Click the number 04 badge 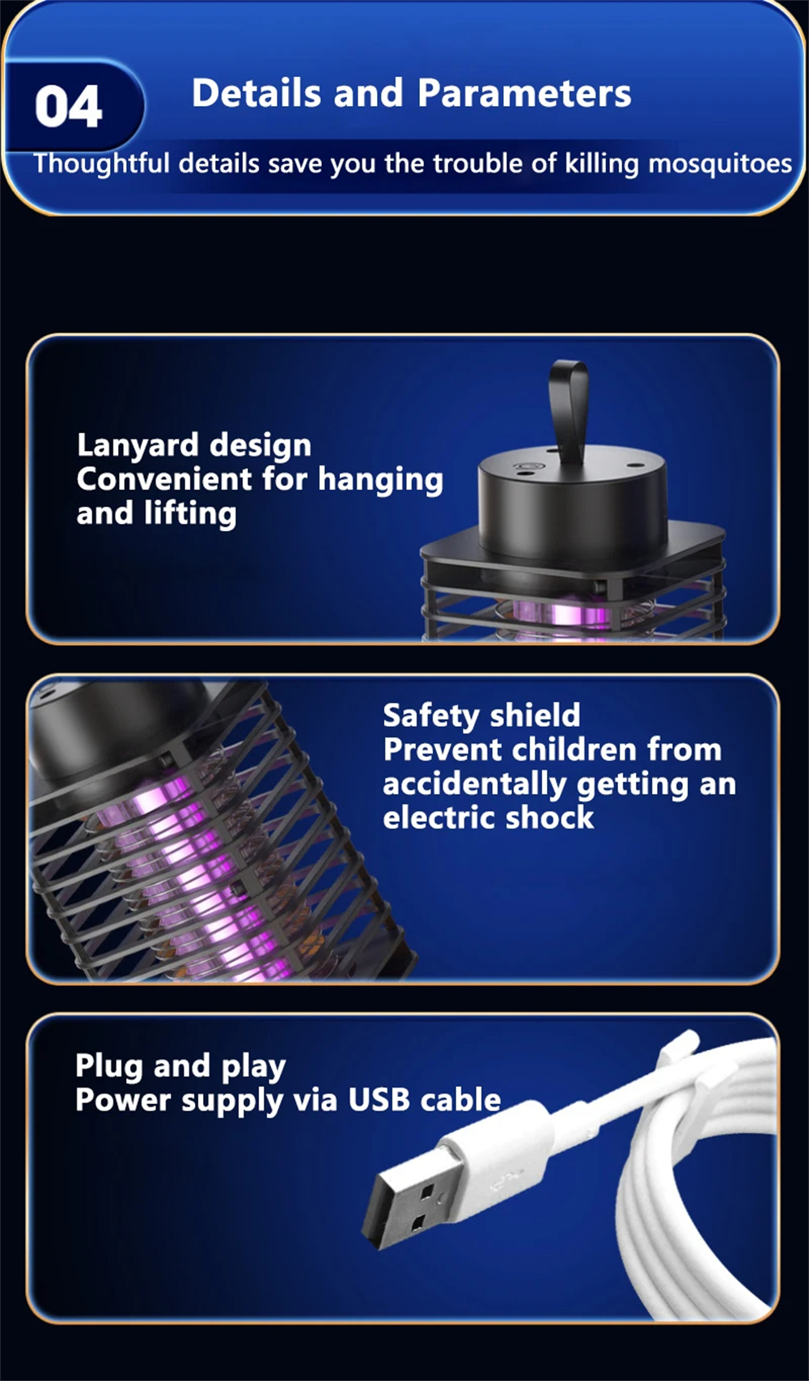point(69,107)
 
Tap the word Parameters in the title point(524,93)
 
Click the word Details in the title point(257,93)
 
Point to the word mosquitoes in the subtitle point(720,164)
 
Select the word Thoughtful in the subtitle point(102,164)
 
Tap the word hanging point(380,480)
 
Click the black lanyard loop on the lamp point(569,410)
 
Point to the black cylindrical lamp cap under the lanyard point(573,508)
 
